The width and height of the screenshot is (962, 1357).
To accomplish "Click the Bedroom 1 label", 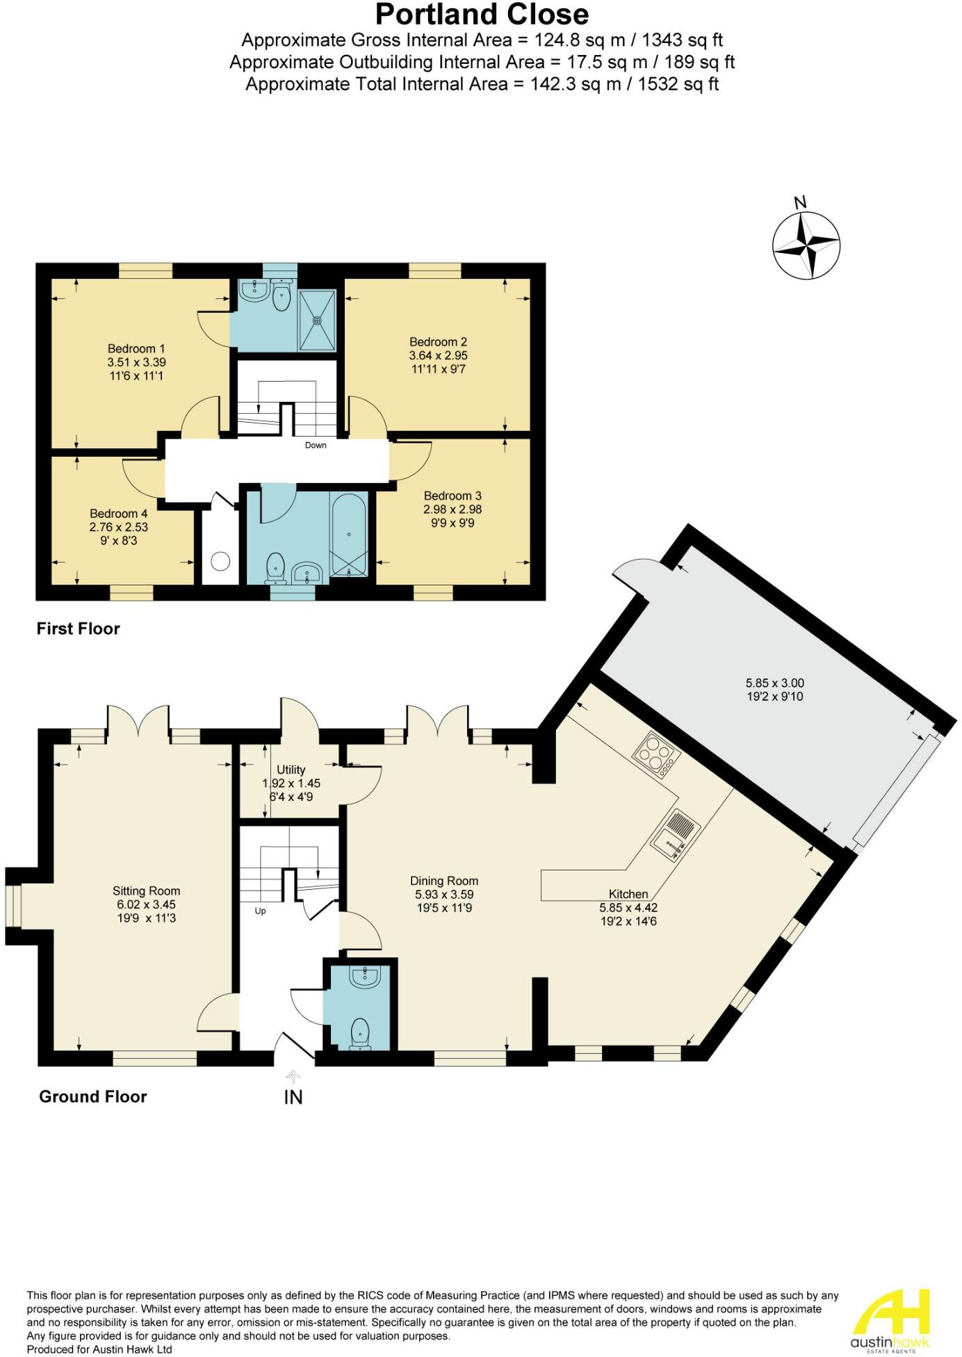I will (x=136, y=348).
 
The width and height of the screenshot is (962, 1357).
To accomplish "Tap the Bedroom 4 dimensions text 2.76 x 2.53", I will (x=119, y=527).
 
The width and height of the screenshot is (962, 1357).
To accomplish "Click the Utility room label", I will (x=291, y=770).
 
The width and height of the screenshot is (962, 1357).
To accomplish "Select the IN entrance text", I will (x=293, y=1097).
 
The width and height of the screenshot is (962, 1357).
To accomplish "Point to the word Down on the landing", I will (x=316, y=445).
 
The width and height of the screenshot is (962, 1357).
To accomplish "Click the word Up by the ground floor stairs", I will (x=260, y=911).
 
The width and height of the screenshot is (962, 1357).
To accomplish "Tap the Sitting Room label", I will (x=146, y=891).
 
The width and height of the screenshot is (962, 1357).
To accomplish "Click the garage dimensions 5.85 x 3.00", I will (x=774, y=683).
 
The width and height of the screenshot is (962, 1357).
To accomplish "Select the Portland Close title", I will (x=482, y=14).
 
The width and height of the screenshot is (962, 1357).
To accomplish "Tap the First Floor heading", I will (x=78, y=628).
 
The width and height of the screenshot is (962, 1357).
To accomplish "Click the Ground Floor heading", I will (x=92, y=1096).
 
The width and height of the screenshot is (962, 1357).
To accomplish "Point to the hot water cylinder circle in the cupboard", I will (x=220, y=560).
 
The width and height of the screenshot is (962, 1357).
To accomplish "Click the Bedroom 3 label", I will (x=453, y=496).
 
